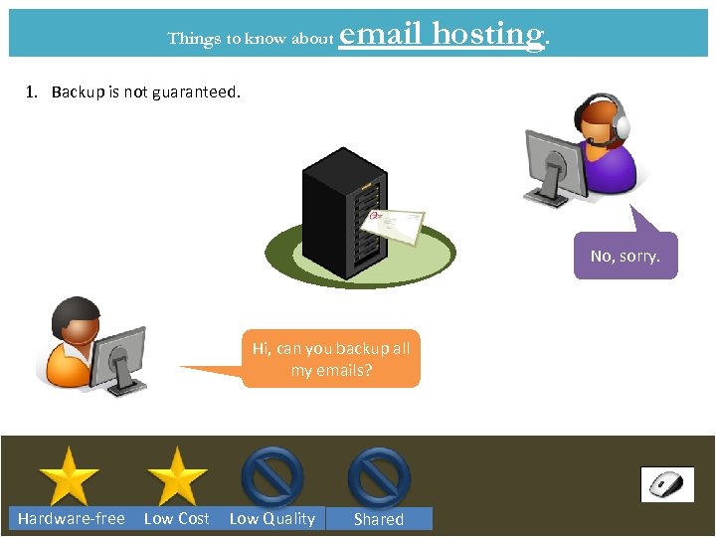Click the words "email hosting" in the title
pyautogui.click(x=443, y=35)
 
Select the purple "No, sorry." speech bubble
pyautogui.click(x=625, y=256)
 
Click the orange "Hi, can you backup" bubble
pyautogui.click(x=330, y=359)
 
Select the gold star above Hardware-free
pyautogui.click(x=69, y=477)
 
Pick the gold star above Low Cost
pyautogui.click(x=177, y=477)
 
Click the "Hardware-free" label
pyautogui.click(x=72, y=518)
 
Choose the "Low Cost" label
pyautogui.click(x=177, y=518)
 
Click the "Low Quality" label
pyautogui.click(x=271, y=518)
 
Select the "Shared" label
pyautogui.click(x=379, y=518)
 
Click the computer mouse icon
pyautogui.click(x=667, y=485)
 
